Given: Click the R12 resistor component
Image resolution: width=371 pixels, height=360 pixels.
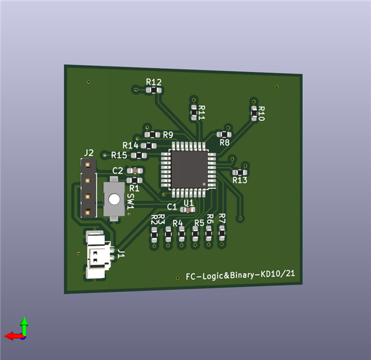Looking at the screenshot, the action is pyautogui.click(x=154, y=90).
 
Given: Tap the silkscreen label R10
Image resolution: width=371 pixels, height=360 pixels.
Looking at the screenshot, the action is pyautogui.click(x=261, y=114).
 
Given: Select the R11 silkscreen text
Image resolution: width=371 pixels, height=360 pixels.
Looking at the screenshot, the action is pyautogui.click(x=202, y=112).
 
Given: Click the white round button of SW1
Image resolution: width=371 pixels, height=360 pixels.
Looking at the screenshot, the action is pyautogui.click(x=114, y=199).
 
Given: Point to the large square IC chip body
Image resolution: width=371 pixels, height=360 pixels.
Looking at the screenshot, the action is pyautogui.click(x=190, y=169).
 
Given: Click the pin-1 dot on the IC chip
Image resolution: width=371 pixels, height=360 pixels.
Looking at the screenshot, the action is pyautogui.click(x=204, y=184).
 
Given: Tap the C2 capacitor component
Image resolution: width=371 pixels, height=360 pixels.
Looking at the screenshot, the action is pyautogui.click(x=135, y=171).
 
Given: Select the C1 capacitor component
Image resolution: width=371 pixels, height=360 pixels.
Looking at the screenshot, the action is pyautogui.click(x=188, y=209).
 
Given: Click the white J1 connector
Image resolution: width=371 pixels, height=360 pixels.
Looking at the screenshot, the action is pyautogui.click(x=98, y=255).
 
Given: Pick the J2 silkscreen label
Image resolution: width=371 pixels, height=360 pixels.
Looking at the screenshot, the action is pyautogui.click(x=89, y=153).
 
